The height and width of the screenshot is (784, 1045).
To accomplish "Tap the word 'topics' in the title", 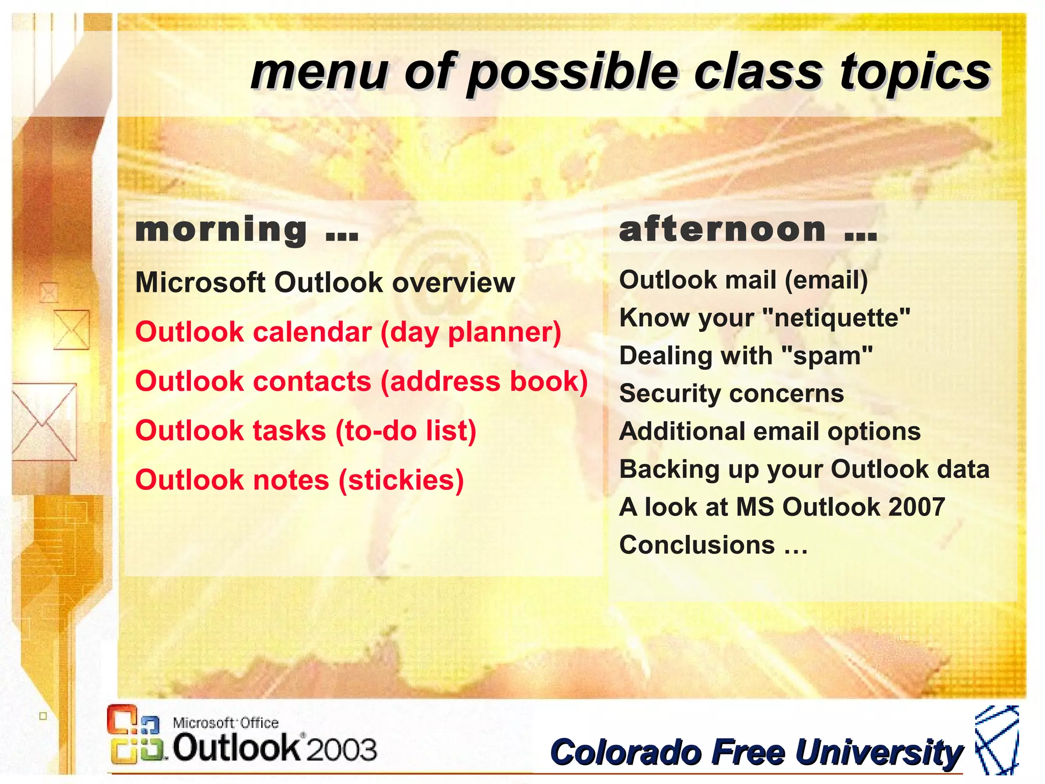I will pyautogui.click(x=915, y=73).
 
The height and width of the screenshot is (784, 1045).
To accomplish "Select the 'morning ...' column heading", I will pyautogui.click(x=247, y=230).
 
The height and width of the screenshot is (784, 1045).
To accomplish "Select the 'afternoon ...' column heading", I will pyautogui.click(x=748, y=230).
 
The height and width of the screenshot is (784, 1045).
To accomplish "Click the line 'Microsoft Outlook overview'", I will pyautogui.click(x=325, y=282).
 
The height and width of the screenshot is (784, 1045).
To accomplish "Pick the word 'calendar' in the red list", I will pyautogui.click(x=313, y=332).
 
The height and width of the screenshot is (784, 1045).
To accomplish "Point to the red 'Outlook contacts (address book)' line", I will pyautogui.click(x=361, y=381).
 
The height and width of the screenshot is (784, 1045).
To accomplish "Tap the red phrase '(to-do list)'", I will pyautogui.click(x=406, y=431).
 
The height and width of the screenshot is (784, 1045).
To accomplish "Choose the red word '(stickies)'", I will pyautogui.click(x=402, y=481).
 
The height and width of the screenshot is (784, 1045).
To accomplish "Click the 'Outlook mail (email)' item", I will pyautogui.click(x=743, y=280).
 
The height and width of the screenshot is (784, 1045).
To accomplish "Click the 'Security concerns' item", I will pyautogui.click(x=731, y=394).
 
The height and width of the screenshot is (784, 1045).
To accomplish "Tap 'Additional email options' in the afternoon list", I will pyautogui.click(x=769, y=432).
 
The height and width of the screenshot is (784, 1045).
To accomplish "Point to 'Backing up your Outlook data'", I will pyautogui.click(x=804, y=470).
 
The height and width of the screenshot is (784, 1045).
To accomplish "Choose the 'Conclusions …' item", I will pyautogui.click(x=713, y=545).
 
